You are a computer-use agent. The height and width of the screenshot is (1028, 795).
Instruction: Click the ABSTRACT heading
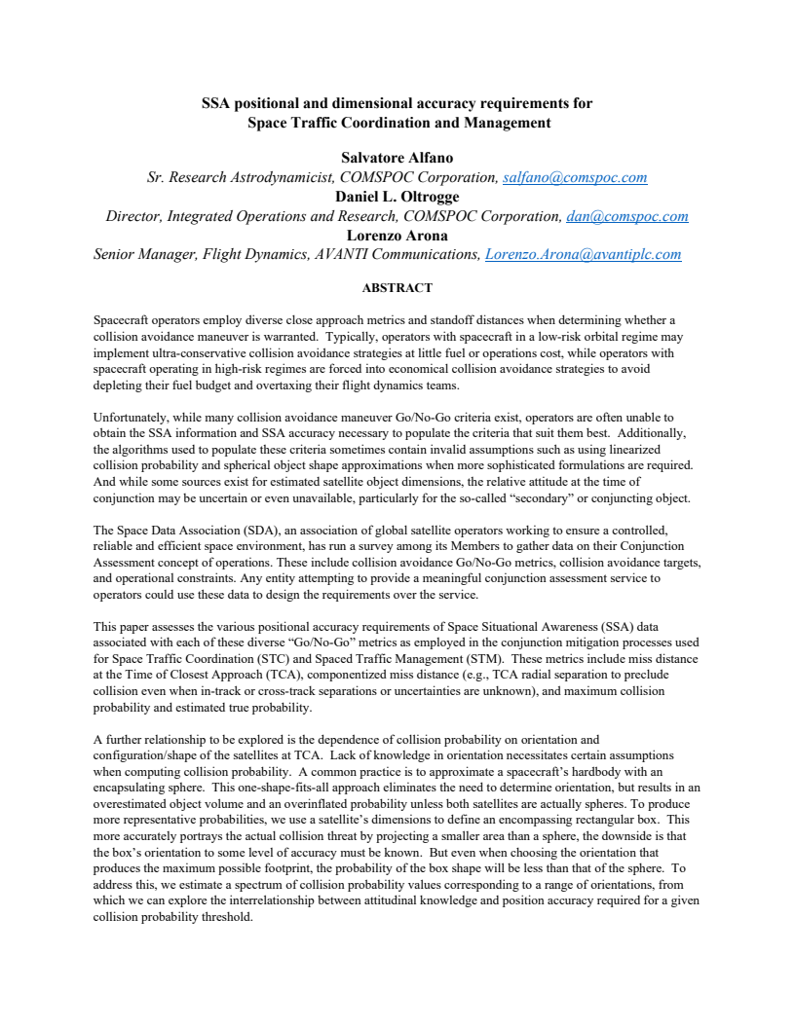point(397,288)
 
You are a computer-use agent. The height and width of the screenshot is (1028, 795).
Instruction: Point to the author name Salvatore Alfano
point(397,158)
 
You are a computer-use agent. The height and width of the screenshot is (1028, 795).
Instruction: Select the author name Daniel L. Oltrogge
point(397,197)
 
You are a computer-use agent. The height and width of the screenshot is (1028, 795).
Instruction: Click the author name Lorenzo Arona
point(397,236)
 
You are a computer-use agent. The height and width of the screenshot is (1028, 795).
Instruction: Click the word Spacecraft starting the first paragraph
point(121,319)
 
